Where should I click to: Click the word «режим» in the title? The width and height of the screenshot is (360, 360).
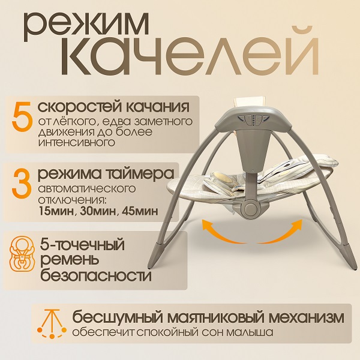click(86, 27)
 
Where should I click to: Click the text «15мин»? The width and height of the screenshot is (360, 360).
click(57, 211)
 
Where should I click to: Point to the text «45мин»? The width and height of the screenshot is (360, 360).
click(140, 211)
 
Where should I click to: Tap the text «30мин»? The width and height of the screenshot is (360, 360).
click(98, 211)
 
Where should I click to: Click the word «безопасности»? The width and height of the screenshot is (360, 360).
click(96, 275)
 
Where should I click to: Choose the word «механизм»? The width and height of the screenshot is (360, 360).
click(306, 318)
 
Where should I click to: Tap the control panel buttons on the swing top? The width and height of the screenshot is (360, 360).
click(253, 120)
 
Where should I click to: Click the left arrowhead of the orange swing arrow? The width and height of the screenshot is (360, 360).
click(205, 225)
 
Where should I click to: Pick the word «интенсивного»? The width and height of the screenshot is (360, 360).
click(77, 143)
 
